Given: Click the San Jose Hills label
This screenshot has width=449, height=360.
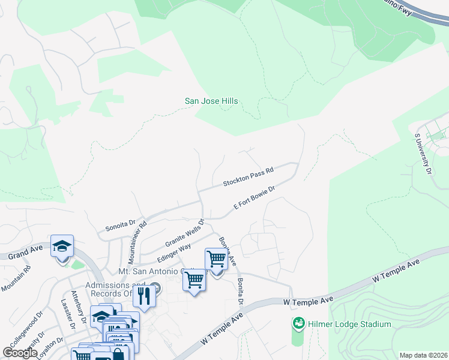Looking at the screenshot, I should (211, 101).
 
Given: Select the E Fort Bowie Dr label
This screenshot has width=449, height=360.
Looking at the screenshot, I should (254, 198).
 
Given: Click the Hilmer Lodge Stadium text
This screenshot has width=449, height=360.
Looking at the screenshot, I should (350, 325).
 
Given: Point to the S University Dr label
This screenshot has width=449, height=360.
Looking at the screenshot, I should (423, 154).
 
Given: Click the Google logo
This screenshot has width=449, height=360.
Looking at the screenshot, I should (20, 353).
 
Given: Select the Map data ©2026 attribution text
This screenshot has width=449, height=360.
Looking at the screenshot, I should (423, 355).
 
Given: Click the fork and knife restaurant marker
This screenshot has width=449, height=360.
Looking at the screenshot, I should (144, 296).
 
